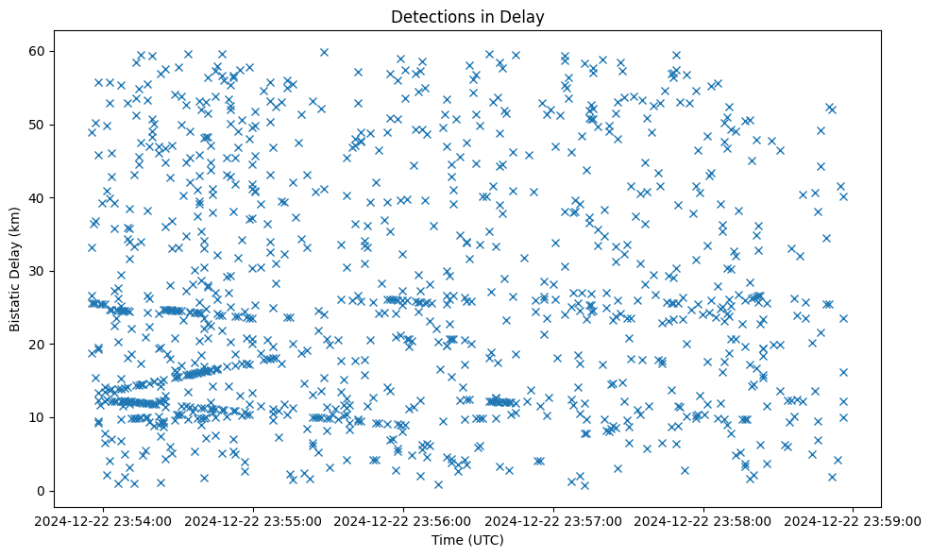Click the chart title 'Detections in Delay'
click(467, 16)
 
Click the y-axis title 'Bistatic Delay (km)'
click(15, 269)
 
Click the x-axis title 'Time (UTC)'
click(467, 540)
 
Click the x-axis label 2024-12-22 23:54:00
click(104, 520)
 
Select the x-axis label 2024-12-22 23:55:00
click(254, 520)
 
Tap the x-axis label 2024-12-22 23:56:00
click(404, 520)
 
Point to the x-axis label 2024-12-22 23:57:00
click(554, 520)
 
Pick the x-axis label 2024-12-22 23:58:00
click(703, 520)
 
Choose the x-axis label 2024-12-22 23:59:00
click(854, 520)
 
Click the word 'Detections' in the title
click(429, 16)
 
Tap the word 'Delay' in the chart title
click(527, 16)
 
